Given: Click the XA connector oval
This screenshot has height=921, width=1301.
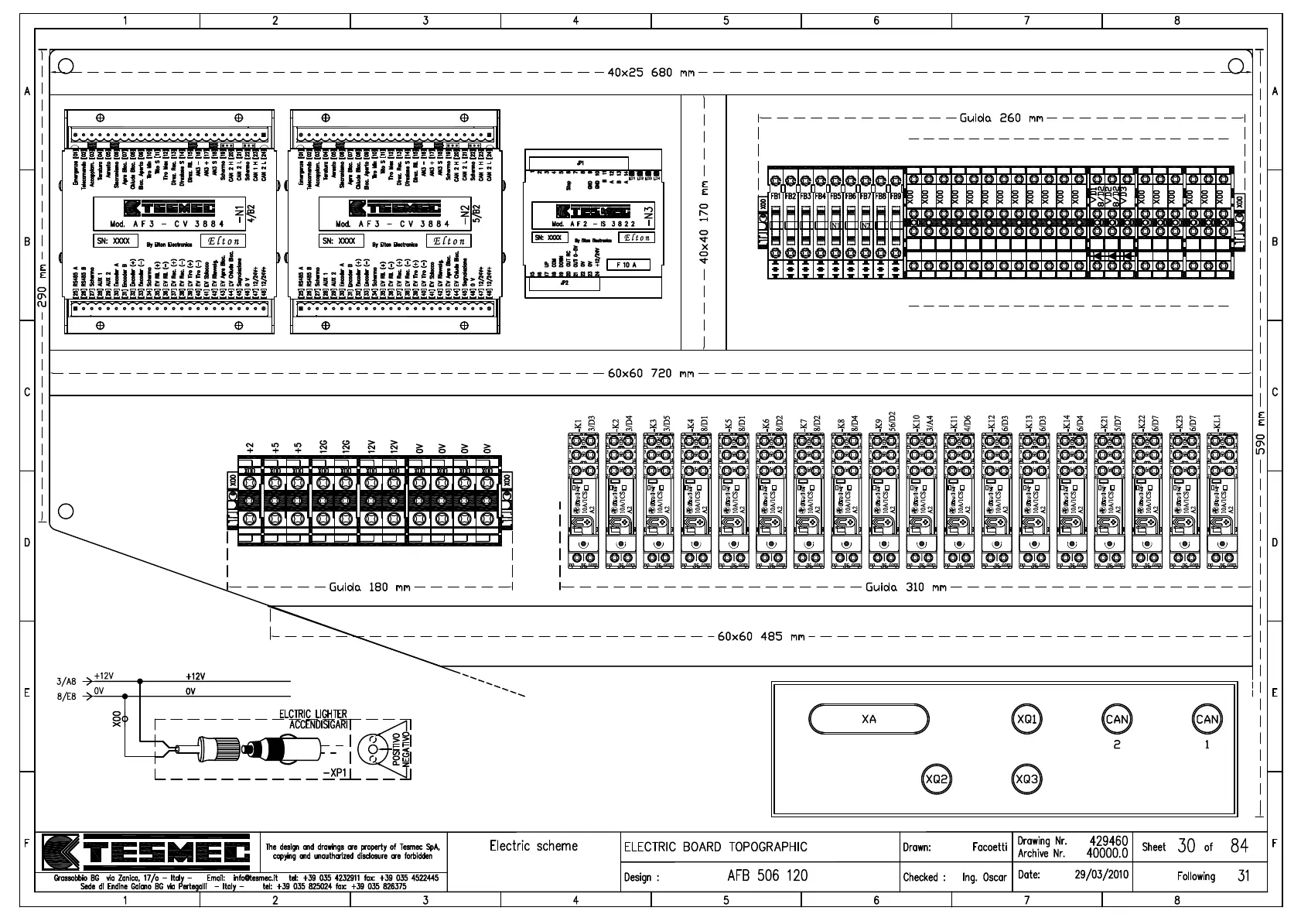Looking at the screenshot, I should [868, 719].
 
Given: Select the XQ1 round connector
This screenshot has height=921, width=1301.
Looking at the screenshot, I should [1026, 719].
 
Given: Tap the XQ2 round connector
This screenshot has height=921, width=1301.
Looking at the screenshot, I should [936, 779].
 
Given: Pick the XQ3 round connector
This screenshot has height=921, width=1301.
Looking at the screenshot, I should [1026, 779].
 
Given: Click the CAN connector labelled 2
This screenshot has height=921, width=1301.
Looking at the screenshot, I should [1116, 719].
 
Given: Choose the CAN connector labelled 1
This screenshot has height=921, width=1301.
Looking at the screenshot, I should [1207, 719].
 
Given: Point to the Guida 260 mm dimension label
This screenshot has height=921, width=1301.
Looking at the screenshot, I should [1001, 118].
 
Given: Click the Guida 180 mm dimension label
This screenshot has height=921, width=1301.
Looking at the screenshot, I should [369, 587].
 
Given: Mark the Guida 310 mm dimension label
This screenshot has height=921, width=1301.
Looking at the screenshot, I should [905, 587].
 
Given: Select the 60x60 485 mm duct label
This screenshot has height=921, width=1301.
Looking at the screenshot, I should [760, 636].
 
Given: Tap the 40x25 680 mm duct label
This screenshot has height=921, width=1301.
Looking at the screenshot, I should [650, 73].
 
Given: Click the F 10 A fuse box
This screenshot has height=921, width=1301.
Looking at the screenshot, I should [627, 265].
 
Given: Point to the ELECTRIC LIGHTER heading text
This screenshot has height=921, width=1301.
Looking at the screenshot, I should [312, 714].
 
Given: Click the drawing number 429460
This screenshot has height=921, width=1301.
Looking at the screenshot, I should [1108, 841].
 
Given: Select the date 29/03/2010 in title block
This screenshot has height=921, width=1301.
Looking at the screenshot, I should [1101, 875].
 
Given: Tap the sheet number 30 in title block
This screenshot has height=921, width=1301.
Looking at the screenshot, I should [1186, 846].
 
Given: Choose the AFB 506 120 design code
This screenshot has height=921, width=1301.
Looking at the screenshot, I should [767, 876].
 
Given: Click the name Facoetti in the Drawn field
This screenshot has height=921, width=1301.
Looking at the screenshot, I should [989, 847].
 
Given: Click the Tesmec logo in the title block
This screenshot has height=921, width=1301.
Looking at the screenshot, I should [147, 852].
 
